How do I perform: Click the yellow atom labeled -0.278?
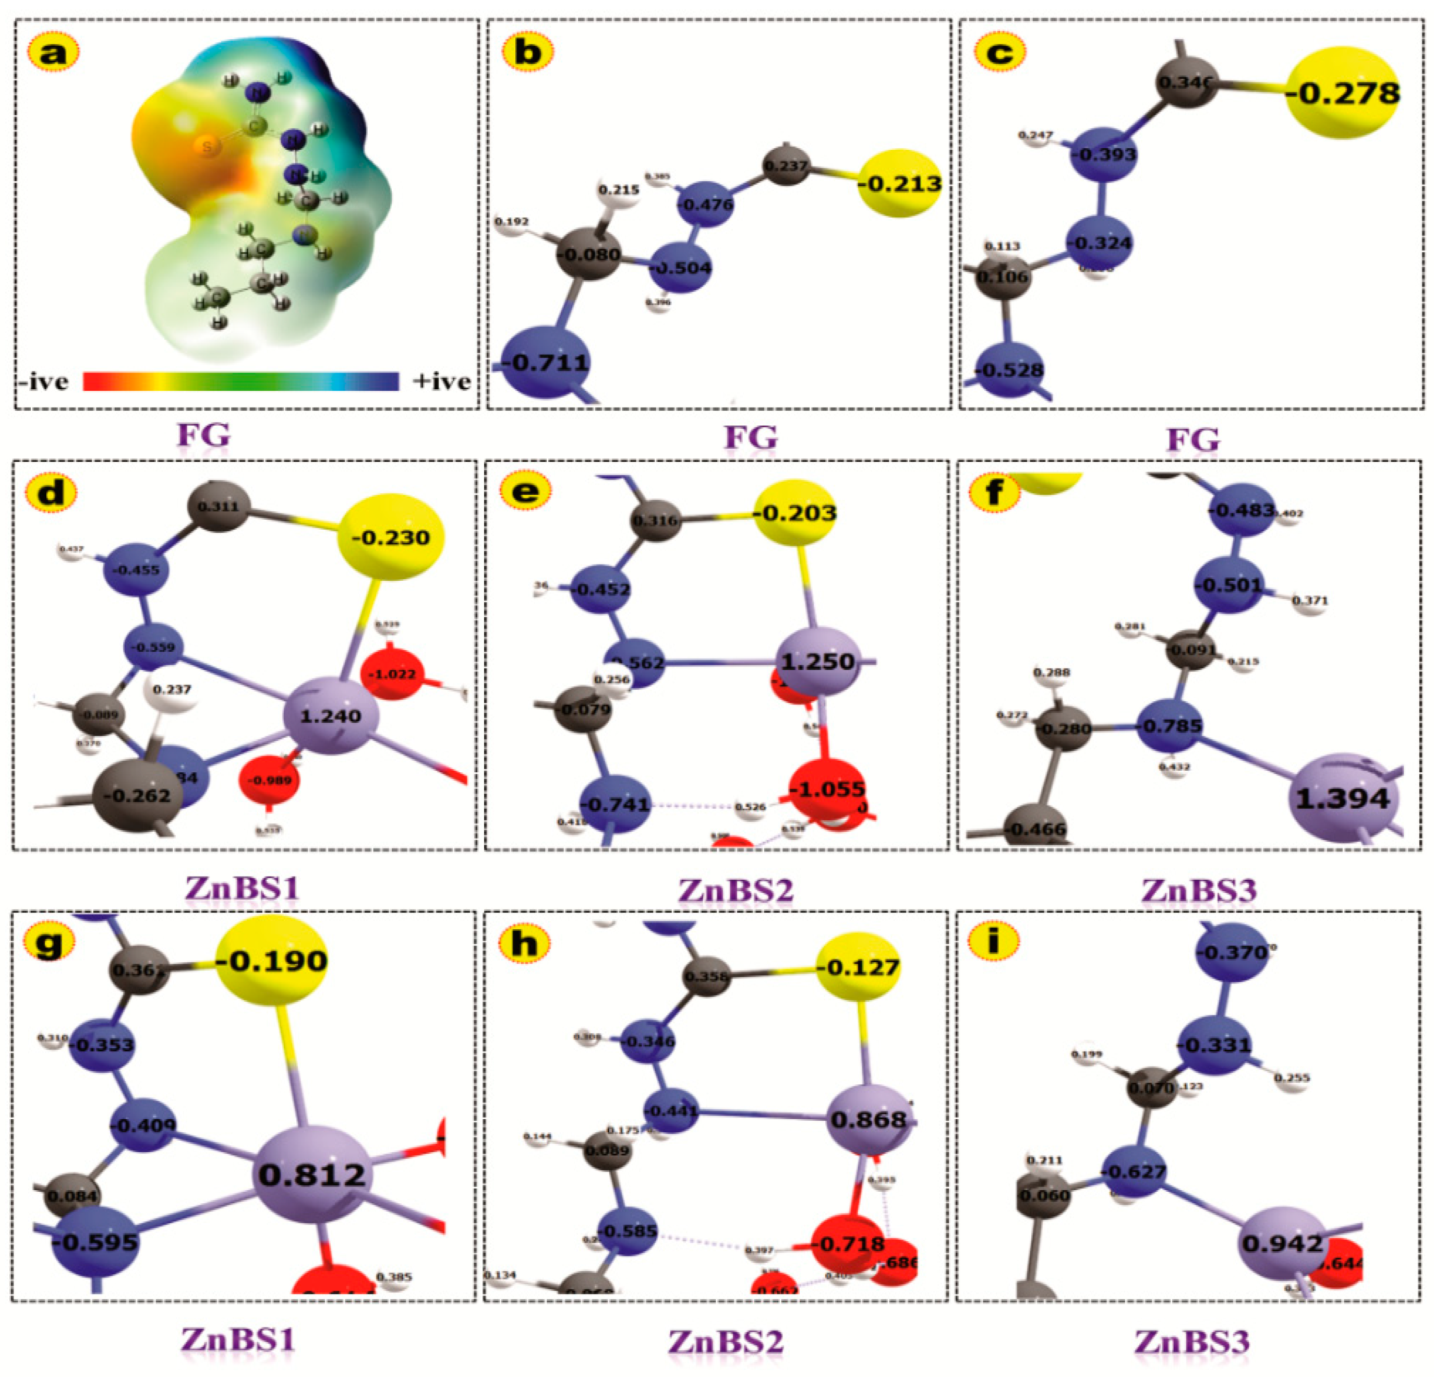(1343, 93)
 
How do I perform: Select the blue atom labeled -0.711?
(546, 362)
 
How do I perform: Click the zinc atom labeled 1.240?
(331, 715)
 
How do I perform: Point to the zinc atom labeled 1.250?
(818, 661)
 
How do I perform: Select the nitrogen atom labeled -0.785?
(1172, 726)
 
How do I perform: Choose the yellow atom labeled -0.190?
(271, 961)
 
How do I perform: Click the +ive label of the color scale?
(441, 381)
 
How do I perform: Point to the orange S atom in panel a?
(208, 147)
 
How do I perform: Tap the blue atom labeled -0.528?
(1011, 369)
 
